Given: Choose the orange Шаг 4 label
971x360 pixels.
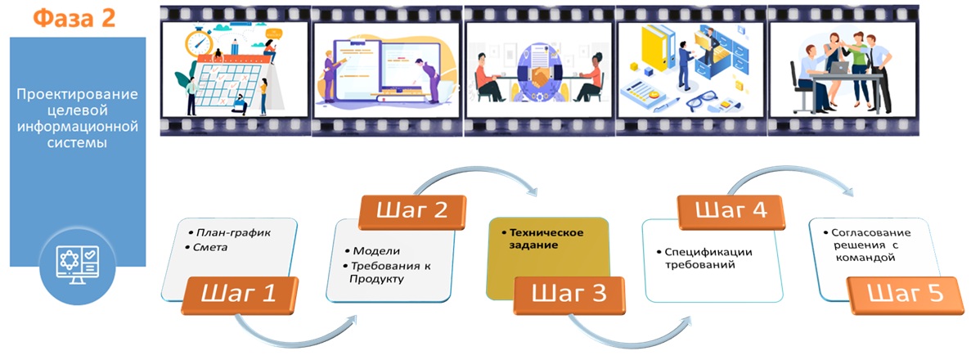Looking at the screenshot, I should pyautogui.click(x=731, y=211).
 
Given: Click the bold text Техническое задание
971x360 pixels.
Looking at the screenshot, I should pyautogui.click(x=542, y=239).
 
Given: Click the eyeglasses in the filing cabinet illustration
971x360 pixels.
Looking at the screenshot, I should pyautogui.click(x=704, y=102).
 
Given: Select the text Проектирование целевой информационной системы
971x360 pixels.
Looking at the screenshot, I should pyautogui.click(x=77, y=119).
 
